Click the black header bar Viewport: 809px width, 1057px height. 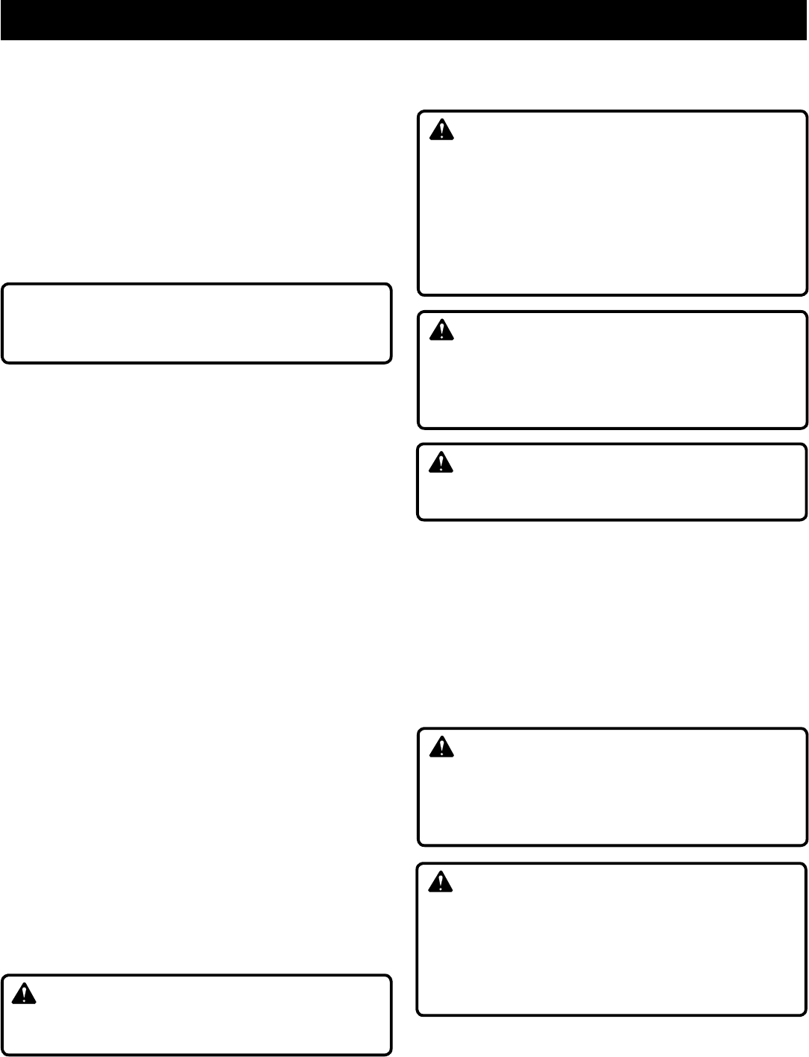pos(404,19)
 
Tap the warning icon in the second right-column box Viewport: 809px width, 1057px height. pos(442,330)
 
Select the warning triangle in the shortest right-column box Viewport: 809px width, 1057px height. pos(442,463)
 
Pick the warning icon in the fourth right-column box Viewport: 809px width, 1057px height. pos(442,747)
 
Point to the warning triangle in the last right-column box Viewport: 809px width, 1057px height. pos(442,883)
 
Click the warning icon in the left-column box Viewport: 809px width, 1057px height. pos(25,994)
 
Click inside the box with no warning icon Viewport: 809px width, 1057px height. pos(197,323)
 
